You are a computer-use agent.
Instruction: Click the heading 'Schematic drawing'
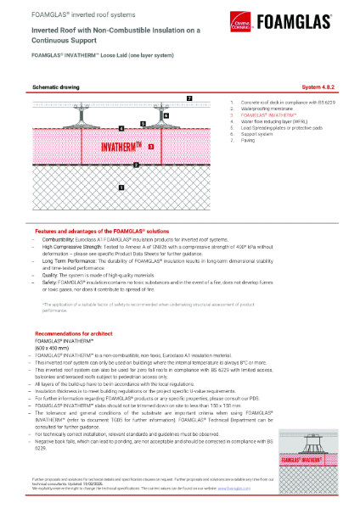(x=57, y=87)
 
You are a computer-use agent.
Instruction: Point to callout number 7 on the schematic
(x=189, y=98)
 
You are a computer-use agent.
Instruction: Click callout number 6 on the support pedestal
(x=166, y=115)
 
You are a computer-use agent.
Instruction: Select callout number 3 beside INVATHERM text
(x=150, y=147)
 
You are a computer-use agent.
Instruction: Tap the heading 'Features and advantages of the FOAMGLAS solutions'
(x=102, y=231)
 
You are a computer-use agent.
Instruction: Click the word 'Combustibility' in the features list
(x=59, y=240)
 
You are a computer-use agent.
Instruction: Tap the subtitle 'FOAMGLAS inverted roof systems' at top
(x=71, y=15)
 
